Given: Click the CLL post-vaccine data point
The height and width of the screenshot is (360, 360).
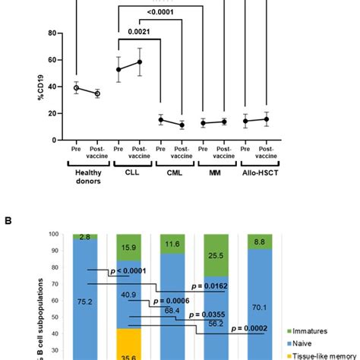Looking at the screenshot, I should coord(138,62).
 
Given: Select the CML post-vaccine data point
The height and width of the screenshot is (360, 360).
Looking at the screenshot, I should coord(181,125).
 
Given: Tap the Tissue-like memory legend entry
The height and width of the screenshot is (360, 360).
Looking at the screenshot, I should coord(323,355).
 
